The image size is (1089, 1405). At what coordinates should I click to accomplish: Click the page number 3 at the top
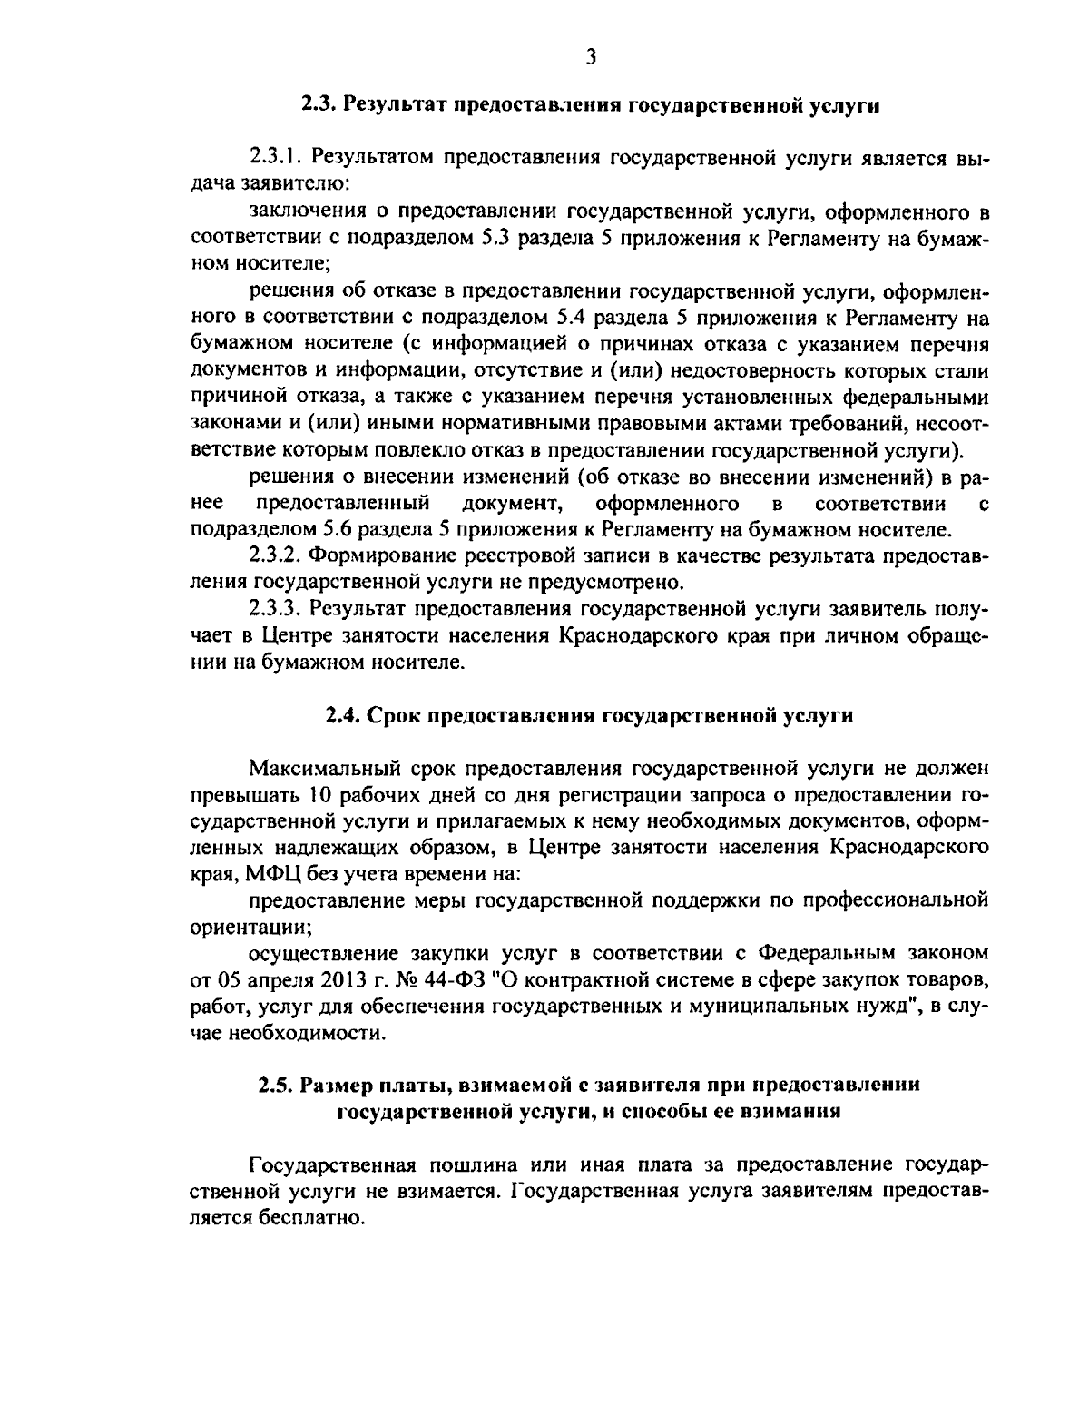coord(591,57)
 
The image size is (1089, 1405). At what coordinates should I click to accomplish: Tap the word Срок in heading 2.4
coord(395,715)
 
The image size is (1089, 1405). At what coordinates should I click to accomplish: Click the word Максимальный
coord(319,770)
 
